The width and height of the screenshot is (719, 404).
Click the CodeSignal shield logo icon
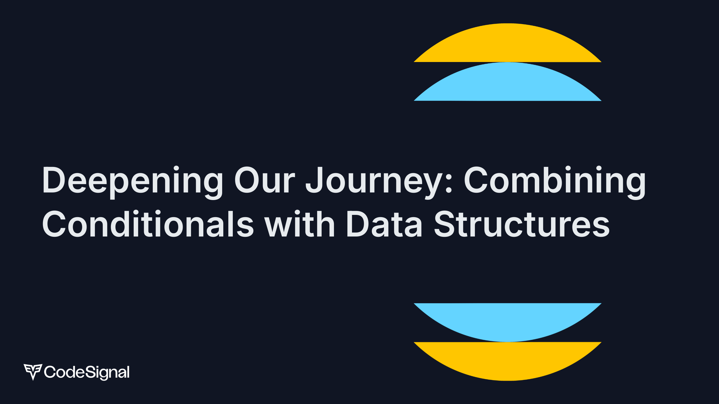(x=33, y=372)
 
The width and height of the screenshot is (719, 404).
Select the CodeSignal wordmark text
(x=87, y=372)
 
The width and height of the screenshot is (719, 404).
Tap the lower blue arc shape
(x=508, y=322)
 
